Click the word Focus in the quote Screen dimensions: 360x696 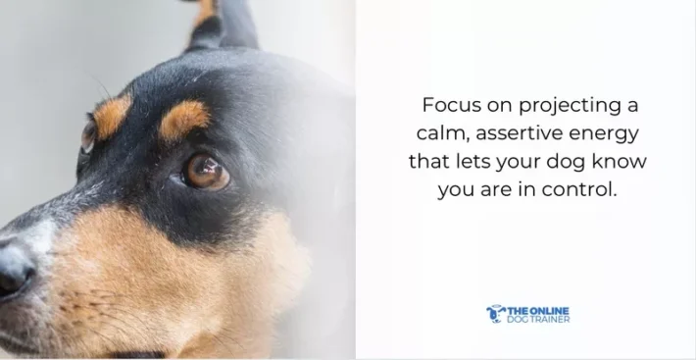(446, 104)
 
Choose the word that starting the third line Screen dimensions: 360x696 (427, 161)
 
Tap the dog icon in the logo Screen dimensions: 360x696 (495, 313)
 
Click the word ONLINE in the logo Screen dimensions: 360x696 (550, 309)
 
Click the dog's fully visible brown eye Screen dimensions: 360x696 (206, 172)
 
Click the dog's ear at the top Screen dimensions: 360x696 (222, 25)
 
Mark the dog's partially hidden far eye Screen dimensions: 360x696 (88, 135)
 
